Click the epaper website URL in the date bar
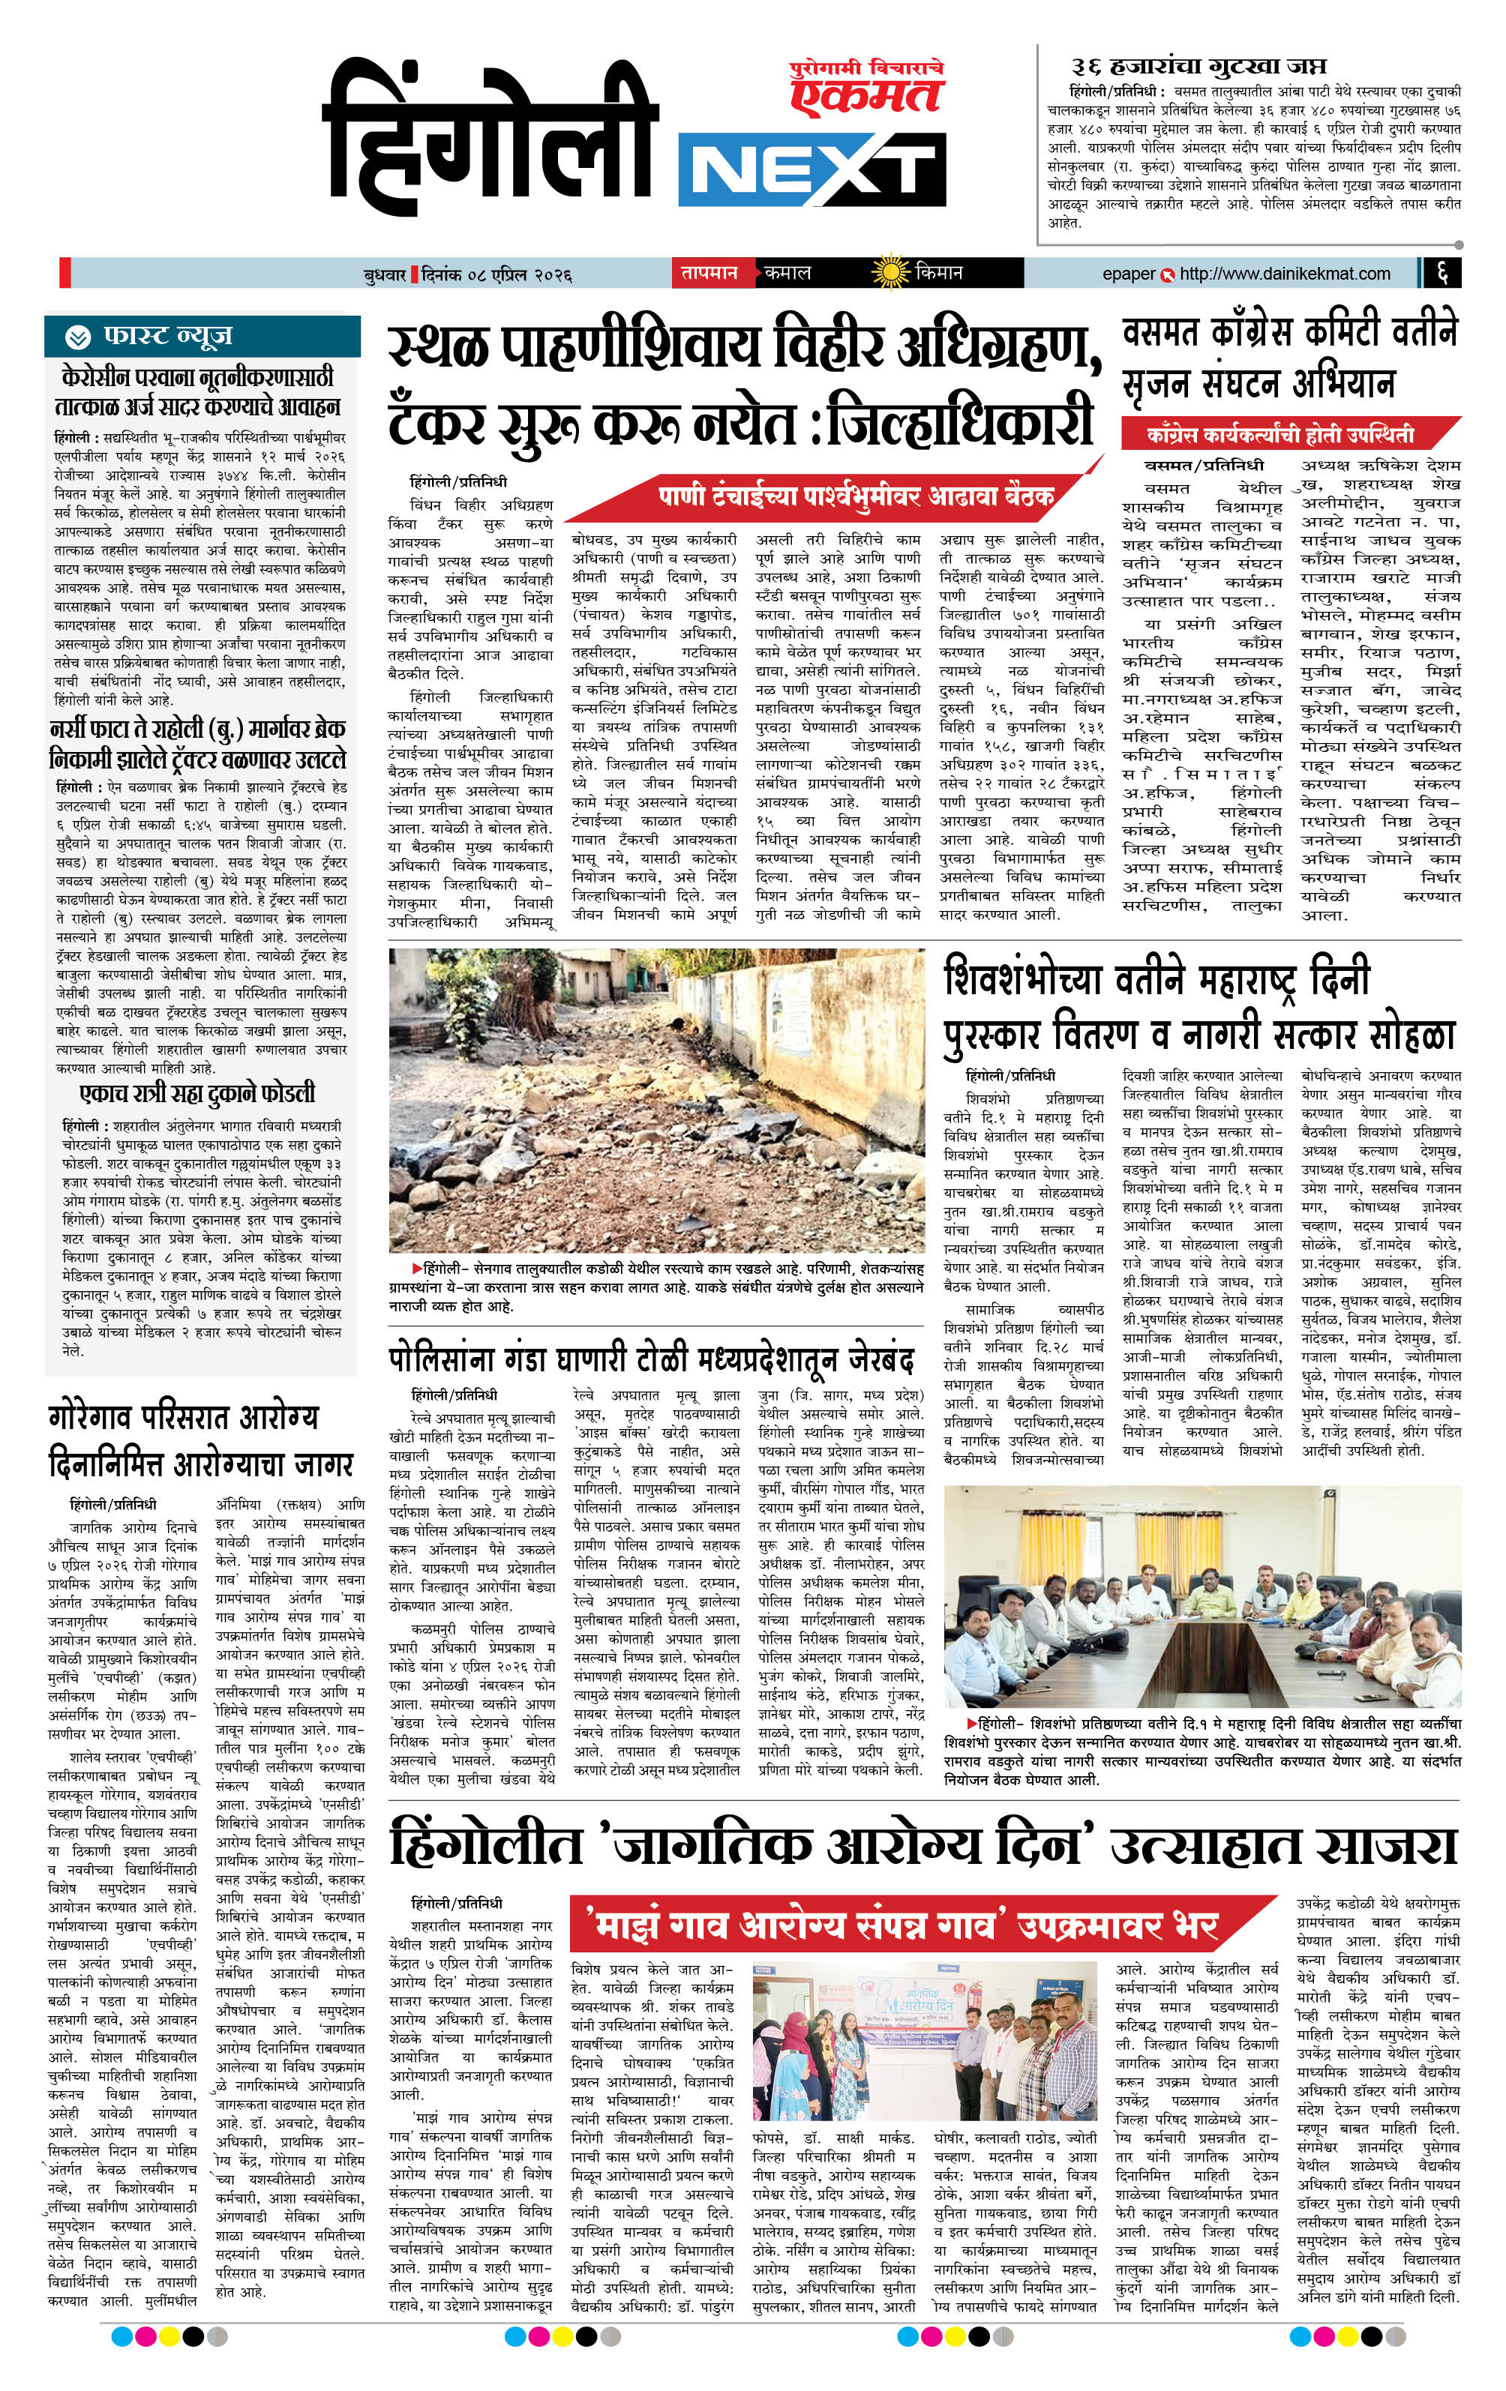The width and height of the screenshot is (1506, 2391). click(1285, 273)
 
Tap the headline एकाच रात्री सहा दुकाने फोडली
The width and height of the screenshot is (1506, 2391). click(196, 1093)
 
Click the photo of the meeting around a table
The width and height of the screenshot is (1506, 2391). click(1202, 1595)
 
